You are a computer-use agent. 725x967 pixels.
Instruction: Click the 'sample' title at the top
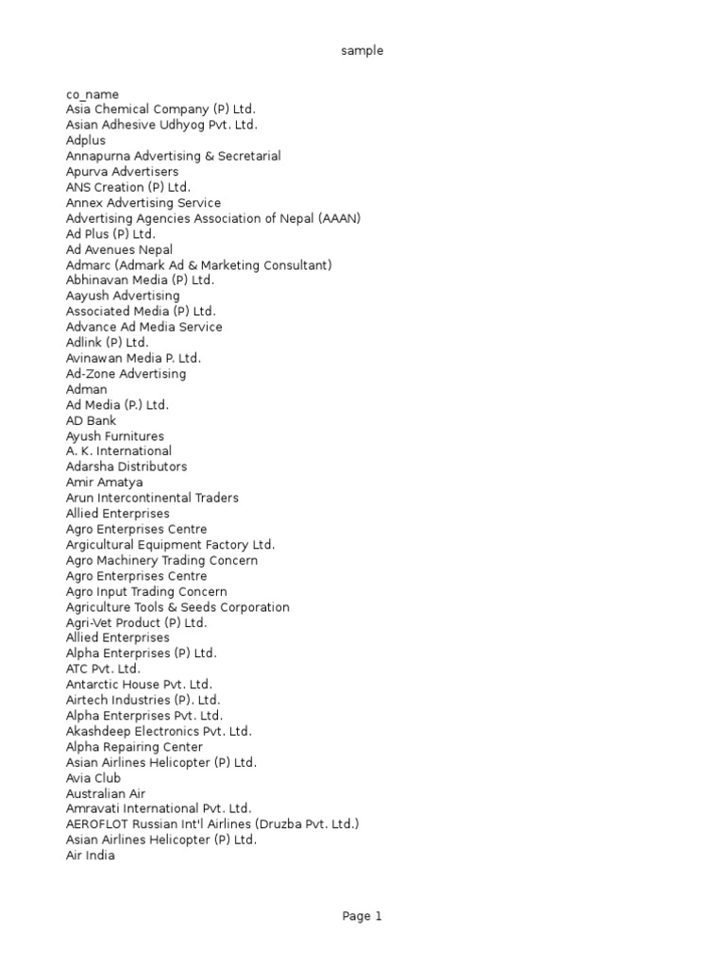(362, 51)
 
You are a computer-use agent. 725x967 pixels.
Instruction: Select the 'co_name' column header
(93, 94)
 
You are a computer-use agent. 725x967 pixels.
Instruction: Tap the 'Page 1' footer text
(362, 916)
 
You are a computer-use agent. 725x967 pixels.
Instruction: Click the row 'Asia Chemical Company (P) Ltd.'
(160, 110)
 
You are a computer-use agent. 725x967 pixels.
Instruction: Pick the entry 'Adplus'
(86, 141)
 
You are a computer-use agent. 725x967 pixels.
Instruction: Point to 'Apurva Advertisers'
(122, 172)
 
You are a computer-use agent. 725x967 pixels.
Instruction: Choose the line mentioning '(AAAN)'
(213, 218)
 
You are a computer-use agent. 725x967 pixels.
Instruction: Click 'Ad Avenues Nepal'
(119, 249)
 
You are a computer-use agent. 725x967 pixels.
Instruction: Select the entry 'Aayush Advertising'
(123, 296)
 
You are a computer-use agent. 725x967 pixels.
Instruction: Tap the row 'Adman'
(87, 389)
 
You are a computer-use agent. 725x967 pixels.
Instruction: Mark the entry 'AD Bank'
(92, 420)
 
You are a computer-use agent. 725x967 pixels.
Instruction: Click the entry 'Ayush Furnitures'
(115, 436)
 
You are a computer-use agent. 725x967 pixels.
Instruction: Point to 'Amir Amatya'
(105, 483)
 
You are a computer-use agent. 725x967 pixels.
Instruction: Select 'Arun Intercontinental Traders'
(152, 498)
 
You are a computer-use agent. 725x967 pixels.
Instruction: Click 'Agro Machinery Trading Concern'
(161, 560)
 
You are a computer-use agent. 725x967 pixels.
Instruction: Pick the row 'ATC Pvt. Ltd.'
(103, 669)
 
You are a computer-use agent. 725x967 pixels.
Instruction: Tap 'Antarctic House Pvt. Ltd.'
(139, 685)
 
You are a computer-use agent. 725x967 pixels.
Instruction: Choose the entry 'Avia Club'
(93, 778)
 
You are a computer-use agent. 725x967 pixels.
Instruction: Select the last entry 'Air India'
(91, 856)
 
